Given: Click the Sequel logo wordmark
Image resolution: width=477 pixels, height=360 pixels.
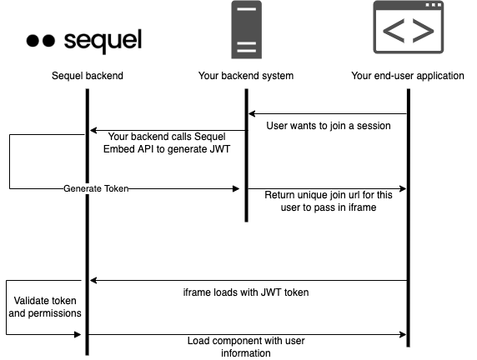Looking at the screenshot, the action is click(103, 41).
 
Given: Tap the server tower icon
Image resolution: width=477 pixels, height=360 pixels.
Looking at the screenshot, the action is click(246, 29).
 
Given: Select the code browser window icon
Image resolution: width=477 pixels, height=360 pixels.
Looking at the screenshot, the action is click(409, 27).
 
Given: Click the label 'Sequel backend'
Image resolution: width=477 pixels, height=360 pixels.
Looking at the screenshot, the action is click(88, 76).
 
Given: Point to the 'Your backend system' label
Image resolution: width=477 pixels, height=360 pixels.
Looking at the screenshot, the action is click(246, 76).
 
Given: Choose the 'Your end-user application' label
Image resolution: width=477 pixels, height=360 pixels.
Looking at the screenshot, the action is click(408, 76).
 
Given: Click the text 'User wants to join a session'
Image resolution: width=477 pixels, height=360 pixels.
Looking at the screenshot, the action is click(329, 126).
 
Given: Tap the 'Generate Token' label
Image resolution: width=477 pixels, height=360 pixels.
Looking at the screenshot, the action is click(96, 188).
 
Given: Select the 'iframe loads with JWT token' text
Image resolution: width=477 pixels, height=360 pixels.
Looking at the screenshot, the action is click(246, 292).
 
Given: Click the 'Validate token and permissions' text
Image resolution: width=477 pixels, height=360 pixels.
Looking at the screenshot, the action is click(45, 307).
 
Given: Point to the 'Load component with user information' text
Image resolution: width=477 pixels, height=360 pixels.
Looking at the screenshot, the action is click(246, 347).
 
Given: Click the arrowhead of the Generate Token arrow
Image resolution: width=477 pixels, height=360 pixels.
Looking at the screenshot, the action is click(236, 189).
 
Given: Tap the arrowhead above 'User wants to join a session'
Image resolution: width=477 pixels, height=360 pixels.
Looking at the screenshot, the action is click(252, 113).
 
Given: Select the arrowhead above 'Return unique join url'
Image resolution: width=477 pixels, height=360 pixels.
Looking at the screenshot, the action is click(403, 189).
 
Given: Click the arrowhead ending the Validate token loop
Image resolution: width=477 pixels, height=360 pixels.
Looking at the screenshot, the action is click(78, 334).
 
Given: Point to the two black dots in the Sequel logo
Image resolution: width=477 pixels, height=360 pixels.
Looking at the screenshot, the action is click(41, 41).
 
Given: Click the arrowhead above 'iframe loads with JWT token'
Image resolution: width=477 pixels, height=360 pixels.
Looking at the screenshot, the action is click(93, 280).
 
